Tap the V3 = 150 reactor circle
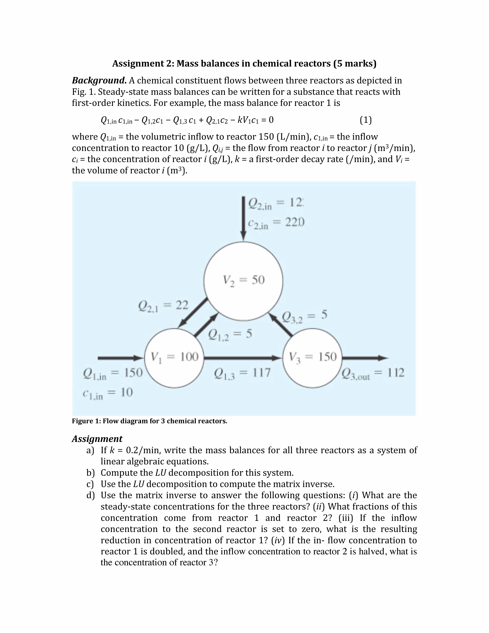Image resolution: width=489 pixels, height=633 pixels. (x=312, y=358)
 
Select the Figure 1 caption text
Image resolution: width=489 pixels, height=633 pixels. (x=149, y=421)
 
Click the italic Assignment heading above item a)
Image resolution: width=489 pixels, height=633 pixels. (x=97, y=439)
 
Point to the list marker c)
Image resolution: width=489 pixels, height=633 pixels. (x=90, y=484)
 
